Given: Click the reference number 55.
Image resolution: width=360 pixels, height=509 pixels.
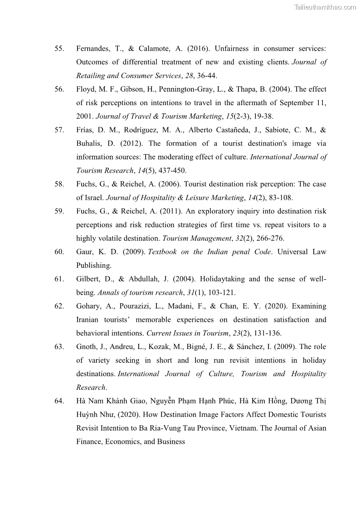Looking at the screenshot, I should [x=59, y=48].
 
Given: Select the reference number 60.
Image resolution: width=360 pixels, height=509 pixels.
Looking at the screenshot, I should [x=59, y=252].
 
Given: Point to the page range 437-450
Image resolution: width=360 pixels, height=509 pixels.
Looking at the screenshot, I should [x=172, y=171].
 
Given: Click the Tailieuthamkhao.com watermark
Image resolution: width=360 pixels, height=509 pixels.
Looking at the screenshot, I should [x=325, y=7].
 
